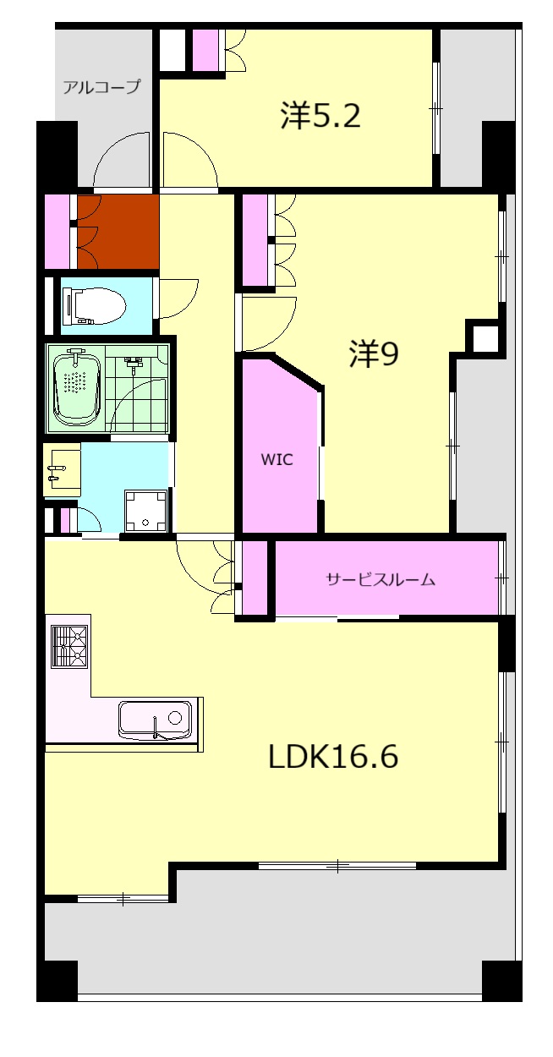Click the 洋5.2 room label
(320, 116)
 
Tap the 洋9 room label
(373, 354)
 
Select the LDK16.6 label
(332, 756)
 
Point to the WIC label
(276, 460)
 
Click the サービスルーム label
(381, 579)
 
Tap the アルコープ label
(101, 86)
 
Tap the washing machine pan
(146, 509)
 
